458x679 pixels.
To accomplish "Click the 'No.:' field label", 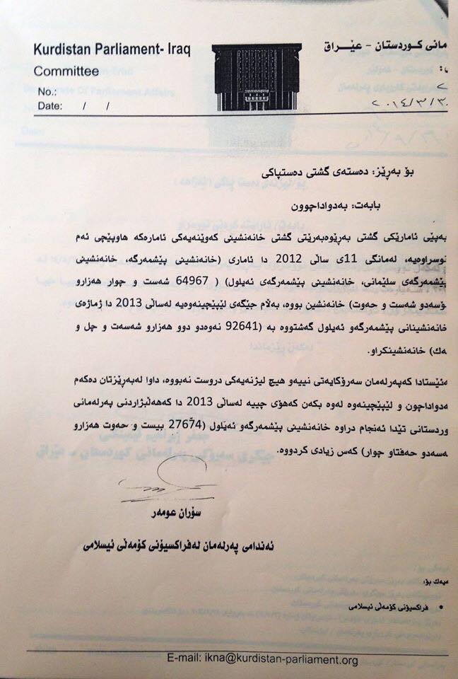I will point(47,92).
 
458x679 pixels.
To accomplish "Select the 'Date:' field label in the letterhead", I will point(52,106).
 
